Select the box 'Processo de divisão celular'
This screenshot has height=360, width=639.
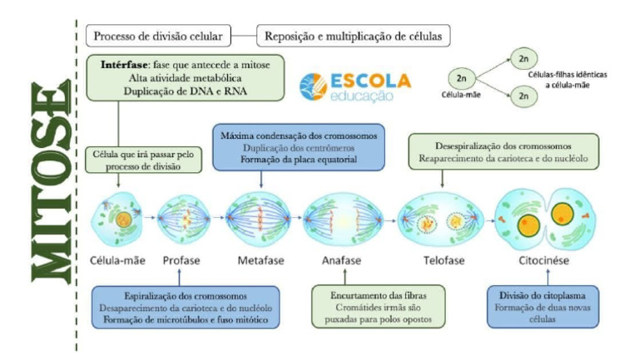(x=157, y=37)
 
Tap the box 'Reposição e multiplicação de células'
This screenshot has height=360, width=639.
(x=354, y=37)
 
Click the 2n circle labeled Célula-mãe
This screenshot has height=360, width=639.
(x=461, y=78)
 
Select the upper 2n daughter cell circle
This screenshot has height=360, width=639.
(x=523, y=59)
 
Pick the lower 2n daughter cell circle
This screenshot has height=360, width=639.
(x=523, y=97)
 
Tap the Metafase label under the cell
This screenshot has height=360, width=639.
(x=260, y=260)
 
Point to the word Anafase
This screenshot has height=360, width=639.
(x=341, y=260)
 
